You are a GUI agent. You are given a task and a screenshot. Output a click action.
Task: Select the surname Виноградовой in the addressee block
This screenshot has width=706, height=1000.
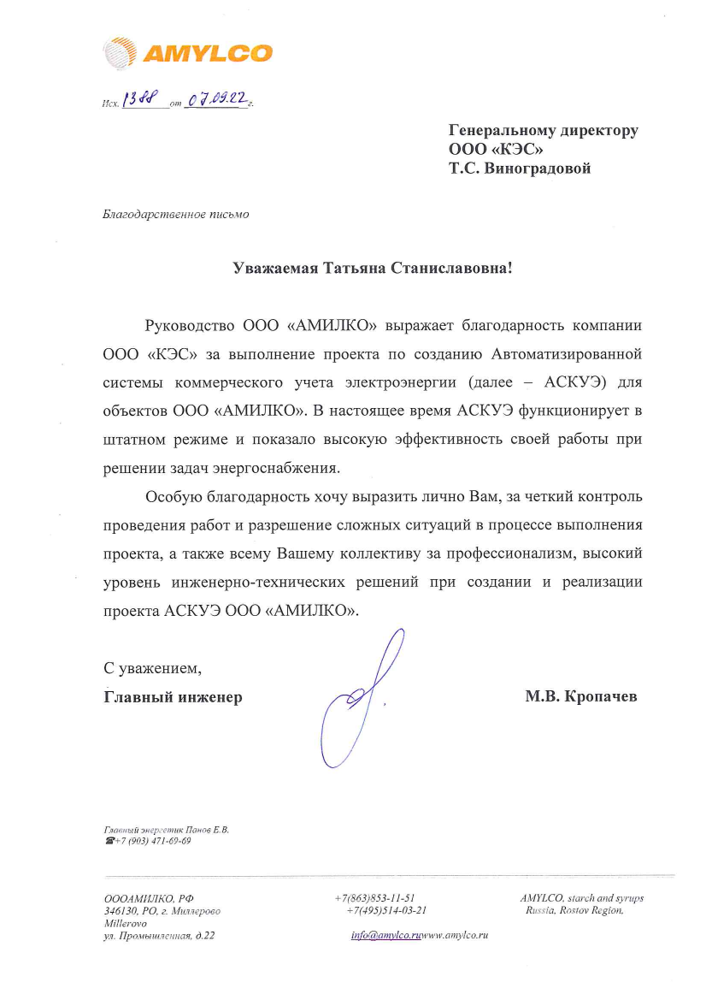[x=538, y=169]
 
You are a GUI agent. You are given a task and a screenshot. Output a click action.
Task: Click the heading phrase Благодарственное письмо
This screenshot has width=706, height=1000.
[x=176, y=214]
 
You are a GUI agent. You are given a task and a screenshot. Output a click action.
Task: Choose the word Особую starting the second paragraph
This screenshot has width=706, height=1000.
[x=174, y=497]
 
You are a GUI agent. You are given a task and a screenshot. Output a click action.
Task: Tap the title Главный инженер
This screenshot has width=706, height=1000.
[x=173, y=697]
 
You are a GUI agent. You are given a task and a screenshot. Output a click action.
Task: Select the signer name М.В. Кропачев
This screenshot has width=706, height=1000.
[x=581, y=696]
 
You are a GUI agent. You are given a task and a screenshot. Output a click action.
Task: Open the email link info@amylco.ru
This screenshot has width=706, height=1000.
[x=387, y=936]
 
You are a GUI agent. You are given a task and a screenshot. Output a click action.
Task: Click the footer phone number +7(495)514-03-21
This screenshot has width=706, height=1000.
[x=386, y=911]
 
